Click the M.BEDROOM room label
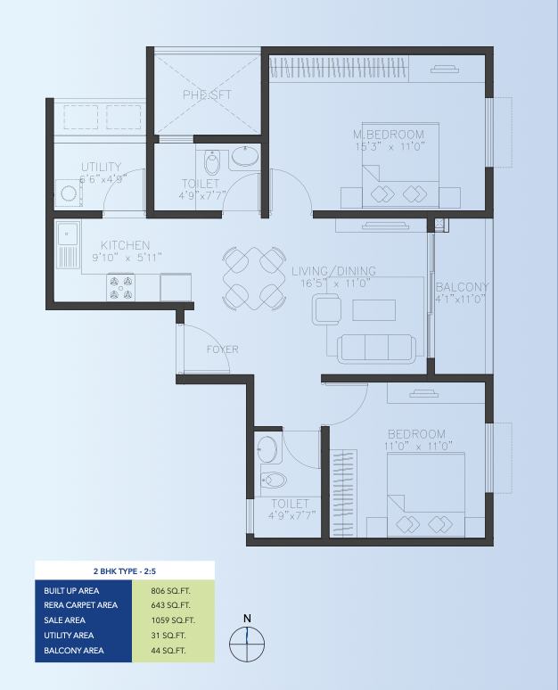tap(389, 135)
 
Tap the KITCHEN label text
tap(126, 245)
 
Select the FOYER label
tap(223, 349)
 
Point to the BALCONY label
tap(462, 287)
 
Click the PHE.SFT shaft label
tap(208, 94)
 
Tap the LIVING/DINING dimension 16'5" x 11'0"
tap(335, 283)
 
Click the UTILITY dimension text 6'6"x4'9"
tap(103, 179)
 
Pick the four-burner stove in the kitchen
tap(121, 288)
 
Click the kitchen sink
tap(69, 244)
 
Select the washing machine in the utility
tap(69, 193)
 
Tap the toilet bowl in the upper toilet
tap(212, 162)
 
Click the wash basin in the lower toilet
tap(267, 449)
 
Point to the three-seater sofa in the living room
tap(376, 349)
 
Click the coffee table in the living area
tap(374, 310)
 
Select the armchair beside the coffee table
tap(326, 310)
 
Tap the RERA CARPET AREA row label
tap(80, 605)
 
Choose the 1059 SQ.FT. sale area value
tap(173, 620)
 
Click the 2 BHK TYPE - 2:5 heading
tap(125, 571)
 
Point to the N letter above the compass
tap(247, 619)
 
